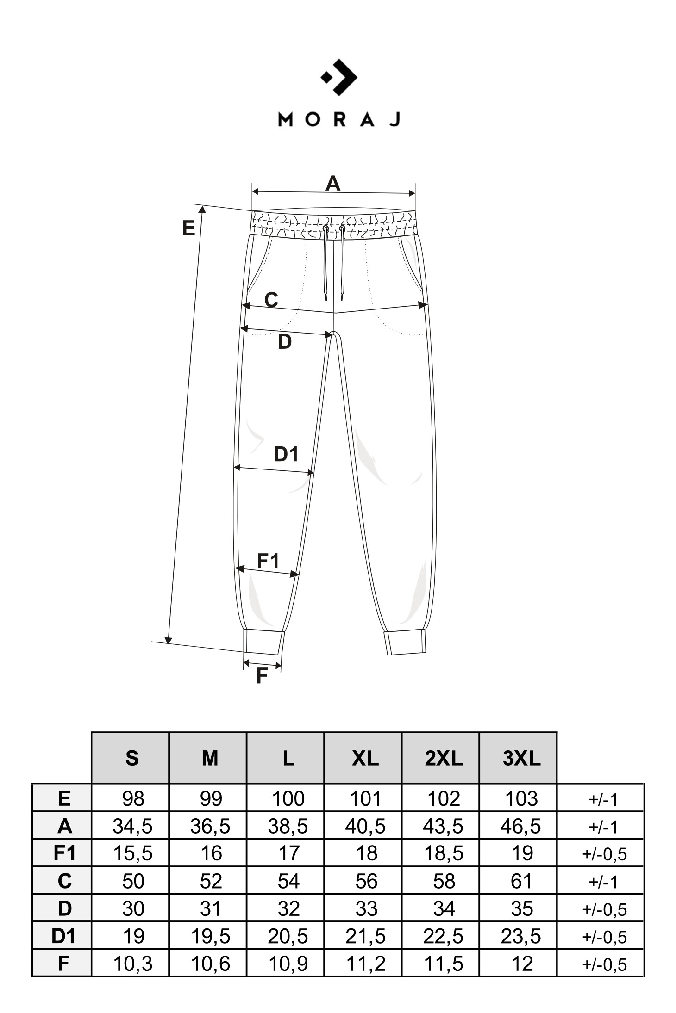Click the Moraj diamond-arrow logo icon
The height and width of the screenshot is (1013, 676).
339,77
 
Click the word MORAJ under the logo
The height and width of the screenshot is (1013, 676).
339,119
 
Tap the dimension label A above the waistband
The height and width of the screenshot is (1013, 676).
333,184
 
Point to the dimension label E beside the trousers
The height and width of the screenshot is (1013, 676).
188,229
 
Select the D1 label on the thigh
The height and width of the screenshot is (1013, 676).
286,454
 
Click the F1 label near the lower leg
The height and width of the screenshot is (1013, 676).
269,561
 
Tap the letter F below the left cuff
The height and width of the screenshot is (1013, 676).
262,676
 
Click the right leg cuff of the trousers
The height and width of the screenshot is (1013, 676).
406,642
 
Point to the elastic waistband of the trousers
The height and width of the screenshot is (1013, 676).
333,224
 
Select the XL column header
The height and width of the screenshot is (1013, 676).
366,758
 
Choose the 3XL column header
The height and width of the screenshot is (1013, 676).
521,758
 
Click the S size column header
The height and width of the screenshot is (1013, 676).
132,758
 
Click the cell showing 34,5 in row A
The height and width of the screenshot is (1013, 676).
132,826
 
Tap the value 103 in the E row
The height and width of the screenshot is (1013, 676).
521,799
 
